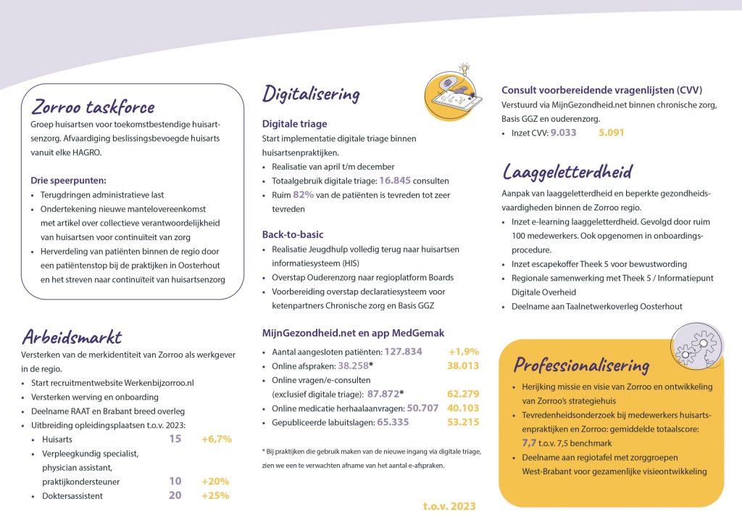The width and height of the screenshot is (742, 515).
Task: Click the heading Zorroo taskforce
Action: [93, 107]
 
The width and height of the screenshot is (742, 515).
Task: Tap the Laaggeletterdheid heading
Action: [567, 172]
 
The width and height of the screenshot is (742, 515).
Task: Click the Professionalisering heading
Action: [581, 363]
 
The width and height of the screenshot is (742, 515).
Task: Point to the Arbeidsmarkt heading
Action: [71, 337]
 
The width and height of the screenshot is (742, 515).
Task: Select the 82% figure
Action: [303, 195]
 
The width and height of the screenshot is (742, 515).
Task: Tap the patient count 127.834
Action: [403, 351]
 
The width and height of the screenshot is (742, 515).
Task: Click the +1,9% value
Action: [464, 351]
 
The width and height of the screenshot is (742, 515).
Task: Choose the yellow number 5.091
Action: [611, 133]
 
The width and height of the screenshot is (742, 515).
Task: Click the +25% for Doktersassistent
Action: [215, 495]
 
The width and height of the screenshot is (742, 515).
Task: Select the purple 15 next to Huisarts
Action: [175, 439]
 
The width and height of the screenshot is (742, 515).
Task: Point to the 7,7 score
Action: [530, 441]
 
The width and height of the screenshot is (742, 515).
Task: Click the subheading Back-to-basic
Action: [293, 234]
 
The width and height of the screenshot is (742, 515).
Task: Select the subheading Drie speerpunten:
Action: [68, 181]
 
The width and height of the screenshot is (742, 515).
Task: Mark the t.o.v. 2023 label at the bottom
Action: [449, 506]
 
